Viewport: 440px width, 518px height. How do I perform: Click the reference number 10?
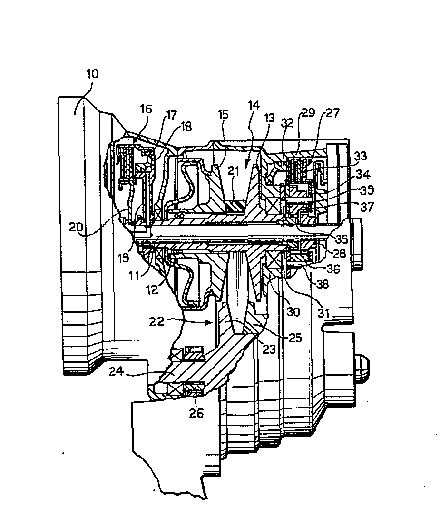click(x=92, y=74)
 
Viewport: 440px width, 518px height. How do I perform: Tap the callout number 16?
click(x=146, y=109)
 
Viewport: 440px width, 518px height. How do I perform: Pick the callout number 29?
click(x=308, y=113)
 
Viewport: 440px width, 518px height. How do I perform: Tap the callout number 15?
click(x=223, y=115)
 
